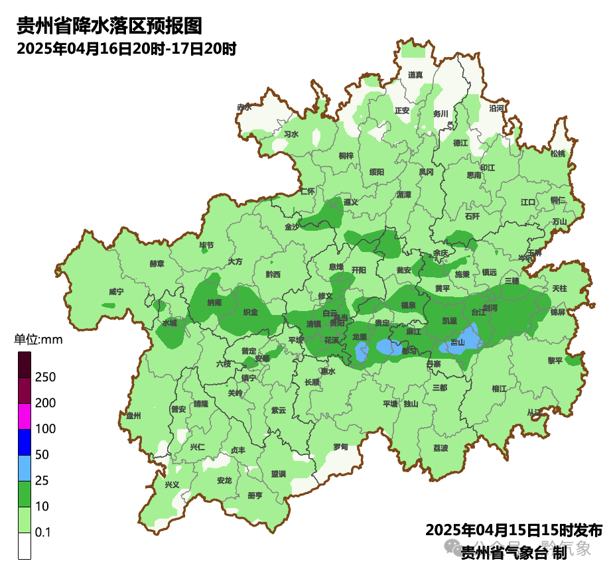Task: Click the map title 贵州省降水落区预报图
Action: click(109, 26)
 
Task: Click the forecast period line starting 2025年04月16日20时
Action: click(127, 48)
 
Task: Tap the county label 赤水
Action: click(245, 107)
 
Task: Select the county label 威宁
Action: click(116, 291)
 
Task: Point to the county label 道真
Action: click(416, 75)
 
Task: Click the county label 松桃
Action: click(558, 154)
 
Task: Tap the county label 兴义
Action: click(172, 485)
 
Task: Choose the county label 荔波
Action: click(441, 448)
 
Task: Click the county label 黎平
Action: click(555, 360)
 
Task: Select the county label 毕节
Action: click(207, 245)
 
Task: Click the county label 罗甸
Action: click(340, 447)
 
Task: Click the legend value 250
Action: click(45, 377)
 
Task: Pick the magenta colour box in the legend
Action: click(25, 416)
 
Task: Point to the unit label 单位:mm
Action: click(38, 340)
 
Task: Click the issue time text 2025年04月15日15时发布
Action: click(513, 531)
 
